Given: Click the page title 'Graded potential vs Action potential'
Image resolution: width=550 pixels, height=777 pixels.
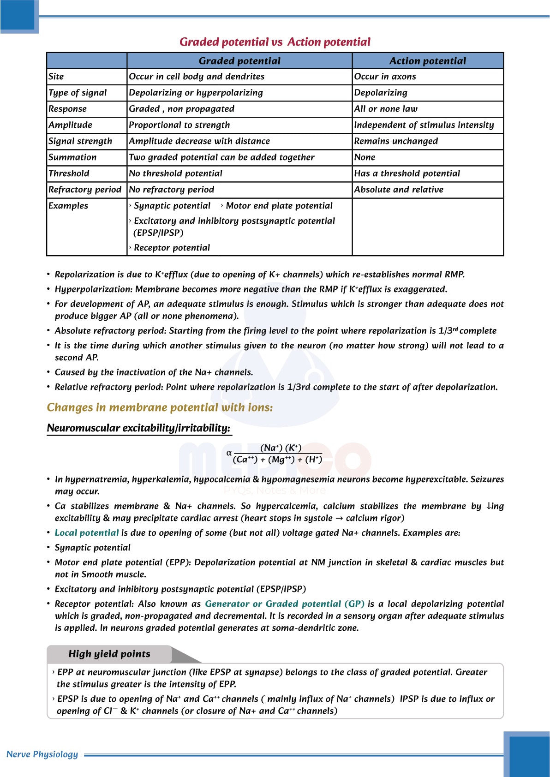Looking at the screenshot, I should coord(275,42).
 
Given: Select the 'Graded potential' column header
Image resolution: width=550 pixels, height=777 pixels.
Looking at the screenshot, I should coord(239,61).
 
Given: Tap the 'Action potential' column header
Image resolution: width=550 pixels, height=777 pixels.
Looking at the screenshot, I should coord(427,61).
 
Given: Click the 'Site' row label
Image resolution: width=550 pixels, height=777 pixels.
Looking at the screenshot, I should coord(56,77).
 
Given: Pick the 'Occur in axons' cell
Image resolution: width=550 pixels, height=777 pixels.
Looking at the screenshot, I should coord(385,77).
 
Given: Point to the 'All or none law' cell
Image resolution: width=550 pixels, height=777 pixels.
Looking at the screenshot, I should coord(386,109).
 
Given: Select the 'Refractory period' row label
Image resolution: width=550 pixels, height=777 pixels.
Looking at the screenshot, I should coord(85,190).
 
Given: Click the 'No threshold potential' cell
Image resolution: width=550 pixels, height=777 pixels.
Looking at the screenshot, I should coord(175,173).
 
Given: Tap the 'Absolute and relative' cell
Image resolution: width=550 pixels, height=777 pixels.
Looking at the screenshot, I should coord(399,190).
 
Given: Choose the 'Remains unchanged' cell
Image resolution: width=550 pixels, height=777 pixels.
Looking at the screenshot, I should coord(396,141).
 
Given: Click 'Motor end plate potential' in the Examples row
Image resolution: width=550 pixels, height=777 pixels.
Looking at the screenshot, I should coord(279,206).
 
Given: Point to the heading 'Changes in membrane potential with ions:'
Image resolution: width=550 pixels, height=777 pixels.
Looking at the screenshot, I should coord(160,407).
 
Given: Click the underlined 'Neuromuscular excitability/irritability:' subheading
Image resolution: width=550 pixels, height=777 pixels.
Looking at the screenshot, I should coord(138,428).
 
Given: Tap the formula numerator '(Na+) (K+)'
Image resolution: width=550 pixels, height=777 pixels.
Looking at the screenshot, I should coord(281,448).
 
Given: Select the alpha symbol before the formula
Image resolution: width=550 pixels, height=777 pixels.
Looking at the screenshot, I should coord(229,453).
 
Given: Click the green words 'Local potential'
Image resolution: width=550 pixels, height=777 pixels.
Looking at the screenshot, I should coord(87,533).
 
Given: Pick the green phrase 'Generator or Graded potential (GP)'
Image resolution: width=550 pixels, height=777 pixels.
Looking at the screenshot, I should coord(285,604).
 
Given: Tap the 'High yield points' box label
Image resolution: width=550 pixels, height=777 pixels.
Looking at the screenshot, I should coord(109,654).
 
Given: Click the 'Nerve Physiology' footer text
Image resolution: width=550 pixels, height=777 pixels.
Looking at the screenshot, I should coord(42,754).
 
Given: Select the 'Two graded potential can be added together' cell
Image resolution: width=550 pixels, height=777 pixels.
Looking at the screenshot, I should coord(221,157).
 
